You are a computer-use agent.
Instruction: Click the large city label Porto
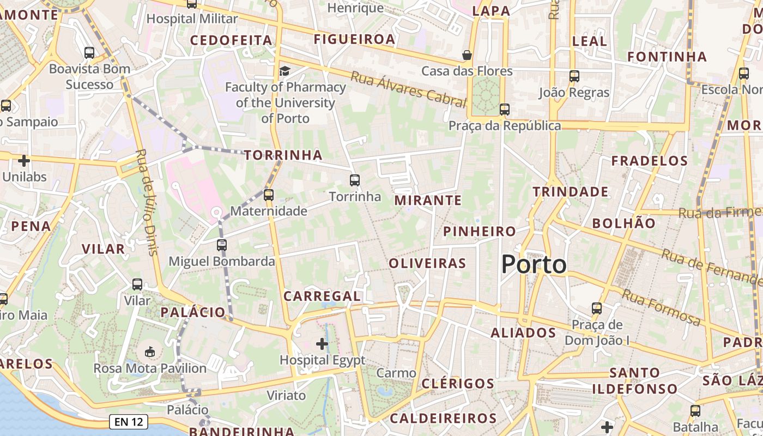coord(534,265)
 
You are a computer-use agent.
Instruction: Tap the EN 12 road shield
coord(129,421)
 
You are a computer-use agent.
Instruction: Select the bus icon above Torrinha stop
coord(355,180)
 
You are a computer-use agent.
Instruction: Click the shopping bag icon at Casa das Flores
coord(467,55)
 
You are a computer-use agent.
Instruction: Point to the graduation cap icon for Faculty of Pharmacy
coord(284,71)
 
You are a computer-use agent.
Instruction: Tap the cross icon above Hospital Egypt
coord(322,344)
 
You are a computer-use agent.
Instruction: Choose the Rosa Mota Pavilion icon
coord(150,352)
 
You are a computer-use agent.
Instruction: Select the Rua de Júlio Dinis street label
coord(147,202)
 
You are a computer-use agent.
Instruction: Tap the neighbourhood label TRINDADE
coord(571,192)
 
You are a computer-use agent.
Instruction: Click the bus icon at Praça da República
coord(505,110)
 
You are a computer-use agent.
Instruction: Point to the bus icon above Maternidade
coord(268,195)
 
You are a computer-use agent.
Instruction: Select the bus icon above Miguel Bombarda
coord(221,245)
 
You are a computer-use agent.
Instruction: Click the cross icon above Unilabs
coord(24,161)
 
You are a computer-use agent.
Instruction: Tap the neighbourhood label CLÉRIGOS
coord(458,383)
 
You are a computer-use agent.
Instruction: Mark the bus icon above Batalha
coord(695,411)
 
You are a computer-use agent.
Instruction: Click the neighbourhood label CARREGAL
coord(322,296)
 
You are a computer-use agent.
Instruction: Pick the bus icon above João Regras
coord(574,76)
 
